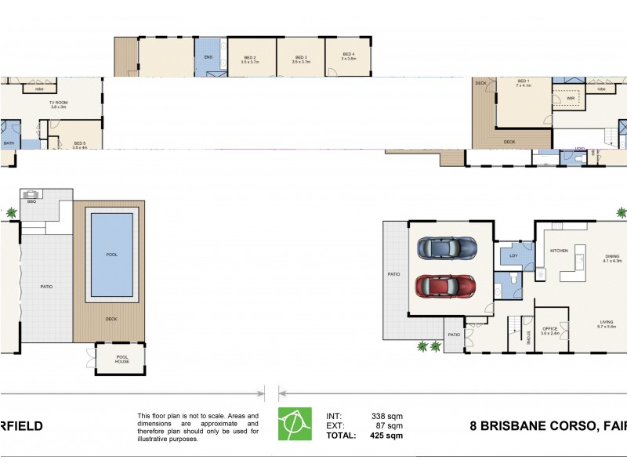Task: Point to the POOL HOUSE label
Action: [111, 361]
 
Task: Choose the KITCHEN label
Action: [559, 251]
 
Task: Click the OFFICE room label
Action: [549, 329]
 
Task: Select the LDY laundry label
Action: [513, 255]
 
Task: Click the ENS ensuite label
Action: [208, 57]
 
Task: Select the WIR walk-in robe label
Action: [560, 99]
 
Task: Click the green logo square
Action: [295, 424]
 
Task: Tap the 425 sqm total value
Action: [386, 436]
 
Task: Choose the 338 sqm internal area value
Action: [386, 417]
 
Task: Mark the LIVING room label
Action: [607, 322]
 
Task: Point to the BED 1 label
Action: [524, 81]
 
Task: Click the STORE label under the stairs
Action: [529, 338]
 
